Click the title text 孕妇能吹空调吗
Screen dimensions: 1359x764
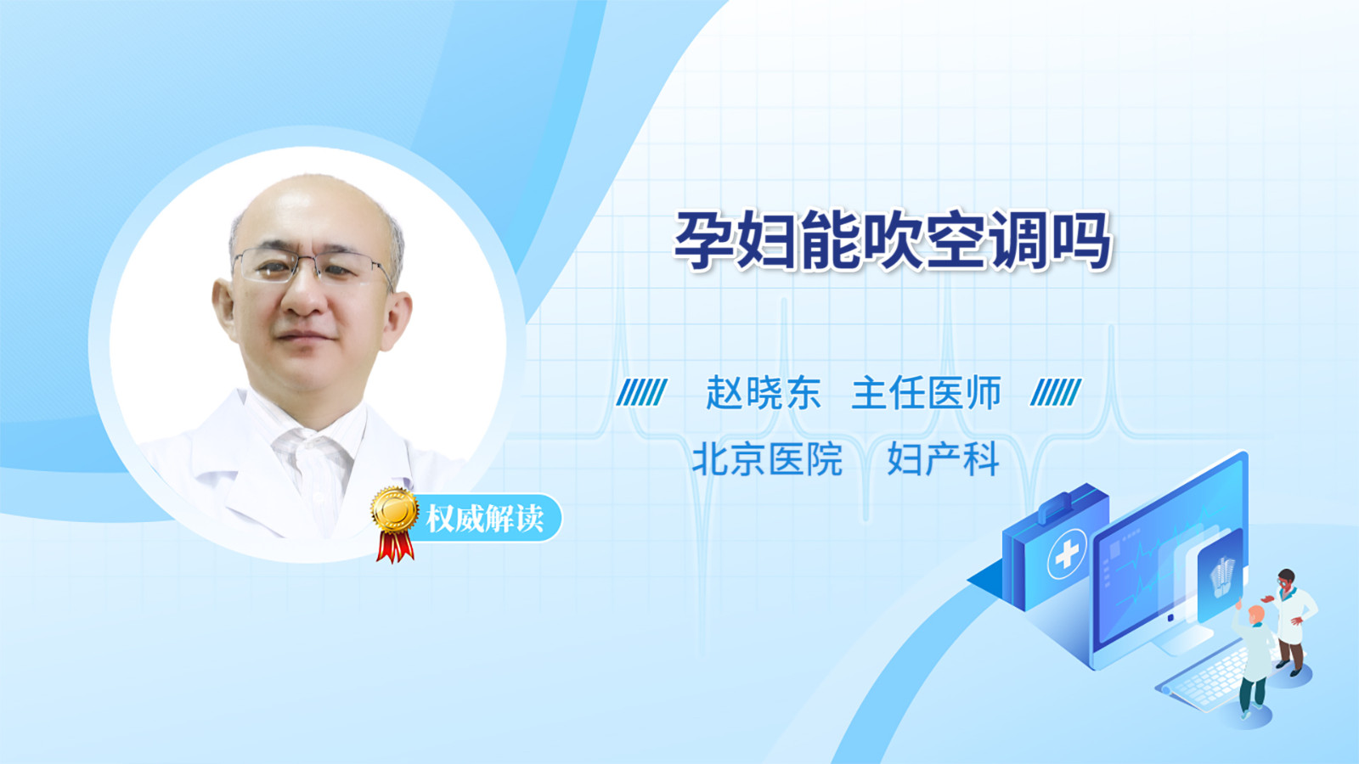(893, 241)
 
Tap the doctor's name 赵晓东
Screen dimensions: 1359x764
(764, 393)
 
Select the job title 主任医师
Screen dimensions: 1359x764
(927, 393)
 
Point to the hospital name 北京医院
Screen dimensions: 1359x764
(768, 459)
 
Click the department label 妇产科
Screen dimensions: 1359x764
(943, 459)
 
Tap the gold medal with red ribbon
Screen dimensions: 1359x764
(395, 524)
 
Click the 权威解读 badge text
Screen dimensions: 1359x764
(484, 519)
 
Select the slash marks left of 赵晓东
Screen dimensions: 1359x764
(641, 392)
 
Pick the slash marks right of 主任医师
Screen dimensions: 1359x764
(1056, 392)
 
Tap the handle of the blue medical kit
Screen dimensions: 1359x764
(1059, 506)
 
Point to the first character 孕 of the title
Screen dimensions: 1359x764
(704, 241)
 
